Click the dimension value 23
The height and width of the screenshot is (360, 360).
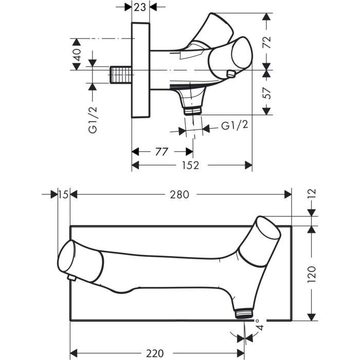(x=140, y=7)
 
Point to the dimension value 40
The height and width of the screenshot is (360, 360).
(x=77, y=55)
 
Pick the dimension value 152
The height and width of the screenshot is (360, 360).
(x=192, y=165)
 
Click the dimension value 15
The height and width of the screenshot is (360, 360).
(x=63, y=194)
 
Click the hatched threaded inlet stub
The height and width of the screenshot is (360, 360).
(x=121, y=76)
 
